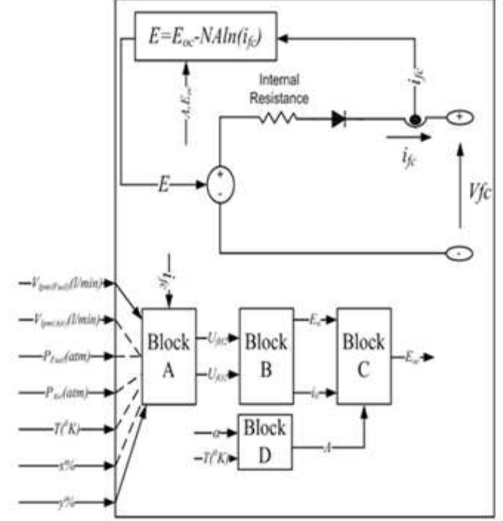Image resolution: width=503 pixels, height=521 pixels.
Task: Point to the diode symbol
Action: pos(339,119)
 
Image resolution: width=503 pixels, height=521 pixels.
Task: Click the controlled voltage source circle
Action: pos(219,184)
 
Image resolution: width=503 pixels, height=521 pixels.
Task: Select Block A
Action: pos(168,356)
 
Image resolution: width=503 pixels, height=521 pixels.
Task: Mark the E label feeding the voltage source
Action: pos(163,185)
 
